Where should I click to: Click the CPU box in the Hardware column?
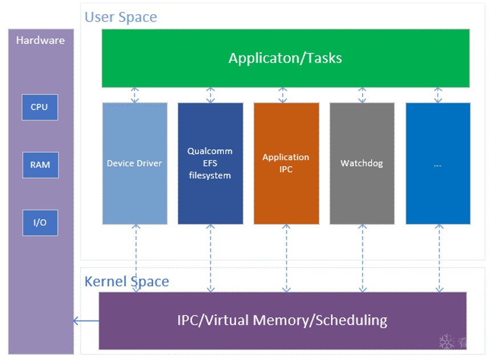[x=39, y=107]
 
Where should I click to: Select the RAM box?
[x=40, y=164]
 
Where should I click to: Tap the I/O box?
[x=40, y=223]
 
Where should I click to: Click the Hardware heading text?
[x=40, y=41]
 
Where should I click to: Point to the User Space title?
[x=121, y=17]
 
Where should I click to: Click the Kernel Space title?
[x=127, y=281]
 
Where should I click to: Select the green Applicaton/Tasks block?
[x=286, y=58]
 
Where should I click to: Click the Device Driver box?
[x=135, y=163]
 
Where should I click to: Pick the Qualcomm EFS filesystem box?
[x=210, y=163]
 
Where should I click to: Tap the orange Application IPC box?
[x=286, y=163]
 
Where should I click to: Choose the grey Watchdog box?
[x=362, y=163]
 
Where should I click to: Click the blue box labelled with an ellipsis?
[x=438, y=163]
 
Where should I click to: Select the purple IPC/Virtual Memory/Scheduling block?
[x=282, y=320]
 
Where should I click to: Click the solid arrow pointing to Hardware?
[x=86, y=321]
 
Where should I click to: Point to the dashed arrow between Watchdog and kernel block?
[x=362, y=258]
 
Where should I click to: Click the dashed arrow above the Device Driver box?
[x=135, y=95]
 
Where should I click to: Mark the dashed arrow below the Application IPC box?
[x=286, y=258]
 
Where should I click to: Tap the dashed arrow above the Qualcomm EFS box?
[x=210, y=95]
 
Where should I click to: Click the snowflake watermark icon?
[x=447, y=342]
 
